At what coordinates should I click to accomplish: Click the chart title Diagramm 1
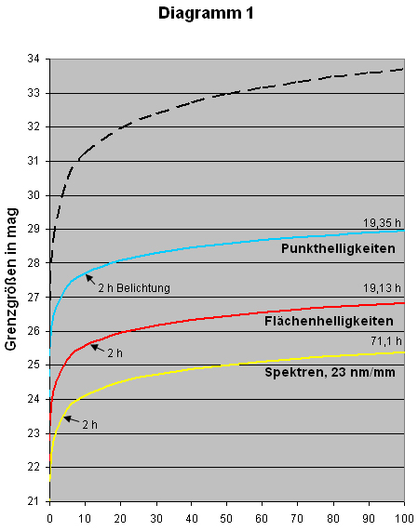point(206,14)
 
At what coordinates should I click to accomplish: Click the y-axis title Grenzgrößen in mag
point(11,279)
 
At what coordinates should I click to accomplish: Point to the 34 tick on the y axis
point(34,59)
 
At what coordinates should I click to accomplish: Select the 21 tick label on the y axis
point(34,501)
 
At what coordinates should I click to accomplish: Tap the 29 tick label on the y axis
point(34,230)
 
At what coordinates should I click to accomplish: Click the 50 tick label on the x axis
point(226,519)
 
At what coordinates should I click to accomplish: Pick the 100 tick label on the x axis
point(404,519)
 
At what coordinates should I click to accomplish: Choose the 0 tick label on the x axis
point(50,519)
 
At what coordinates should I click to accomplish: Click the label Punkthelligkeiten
point(338,249)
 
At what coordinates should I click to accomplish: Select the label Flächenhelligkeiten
point(329,321)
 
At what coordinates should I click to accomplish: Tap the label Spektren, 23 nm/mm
point(330,373)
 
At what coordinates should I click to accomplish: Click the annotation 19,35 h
point(382,223)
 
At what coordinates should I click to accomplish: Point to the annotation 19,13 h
point(382,288)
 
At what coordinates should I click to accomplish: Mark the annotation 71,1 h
point(385,341)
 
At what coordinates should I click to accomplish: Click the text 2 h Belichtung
point(134,288)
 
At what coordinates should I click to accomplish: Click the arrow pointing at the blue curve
point(90,279)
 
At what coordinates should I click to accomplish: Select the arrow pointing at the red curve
point(98,348)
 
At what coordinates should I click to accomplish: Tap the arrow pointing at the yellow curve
point(72,420)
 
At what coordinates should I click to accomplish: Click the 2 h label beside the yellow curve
point(90,425)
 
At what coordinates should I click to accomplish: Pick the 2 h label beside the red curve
point(115,353)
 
